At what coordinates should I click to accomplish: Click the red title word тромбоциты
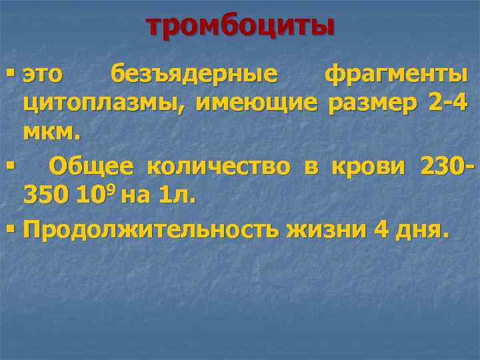[240, 26]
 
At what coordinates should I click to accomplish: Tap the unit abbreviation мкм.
[51, 132]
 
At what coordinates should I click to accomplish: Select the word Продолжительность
[151, 230]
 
